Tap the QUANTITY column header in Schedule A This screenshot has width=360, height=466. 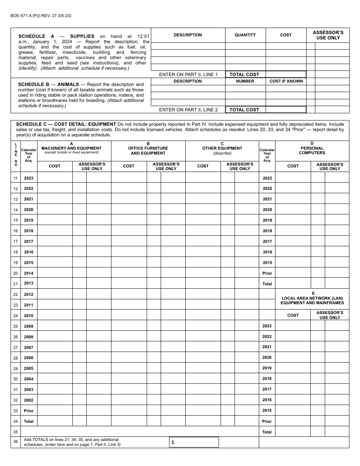point(245,35)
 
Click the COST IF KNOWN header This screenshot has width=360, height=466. point(286,81)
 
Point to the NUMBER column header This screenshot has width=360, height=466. point(245,81)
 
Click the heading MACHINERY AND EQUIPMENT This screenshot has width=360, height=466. point(71,148)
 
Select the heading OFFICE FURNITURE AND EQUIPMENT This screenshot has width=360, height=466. point(148,150)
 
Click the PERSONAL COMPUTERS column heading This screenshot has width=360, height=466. point(312,150)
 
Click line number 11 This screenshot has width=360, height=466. point(16,178)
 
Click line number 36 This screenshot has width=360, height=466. point(16,442)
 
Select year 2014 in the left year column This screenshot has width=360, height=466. point(29,273)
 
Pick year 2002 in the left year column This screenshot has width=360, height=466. point(29,400)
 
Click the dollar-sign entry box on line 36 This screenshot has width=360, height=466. point(194,442)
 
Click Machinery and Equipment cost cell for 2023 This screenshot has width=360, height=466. point(55,178)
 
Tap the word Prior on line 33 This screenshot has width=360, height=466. point(29,411)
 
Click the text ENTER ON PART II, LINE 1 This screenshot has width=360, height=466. point(188,75)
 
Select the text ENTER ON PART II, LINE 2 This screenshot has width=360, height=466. point(188,110)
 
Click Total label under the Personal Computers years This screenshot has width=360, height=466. point(267,284)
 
